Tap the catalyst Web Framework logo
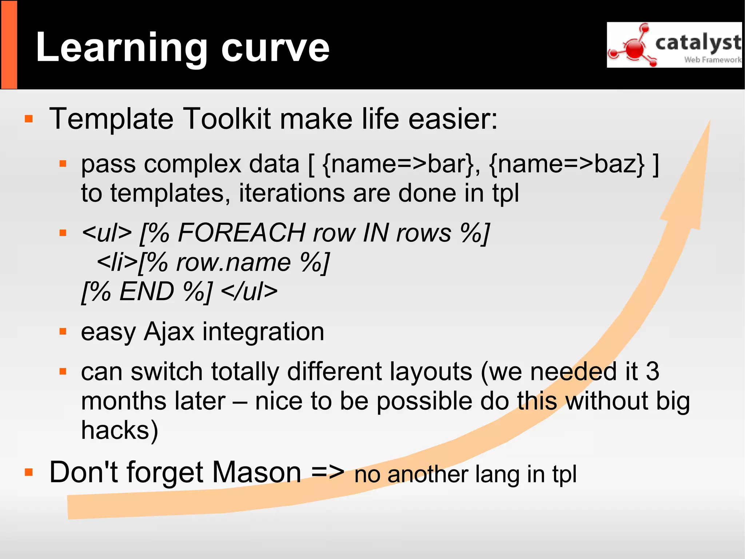[x=674, y=45]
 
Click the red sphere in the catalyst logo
[x=635, y=48]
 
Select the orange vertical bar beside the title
[x=9, y=44]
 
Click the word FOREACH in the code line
[x=242, y=233]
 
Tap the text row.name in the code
[x=233, y=262]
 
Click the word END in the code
[x=147, y=291]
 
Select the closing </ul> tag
[x=249, y=291]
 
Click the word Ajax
[x=169, y=331]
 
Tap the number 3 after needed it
[x=652, y=371]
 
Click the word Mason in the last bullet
[x=256, y=472]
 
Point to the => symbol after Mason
[x=327, y=472]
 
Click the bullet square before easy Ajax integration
[x=63, y=331]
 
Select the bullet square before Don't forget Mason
[x=29, y=472]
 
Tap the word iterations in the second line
[x=291, y=193]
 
